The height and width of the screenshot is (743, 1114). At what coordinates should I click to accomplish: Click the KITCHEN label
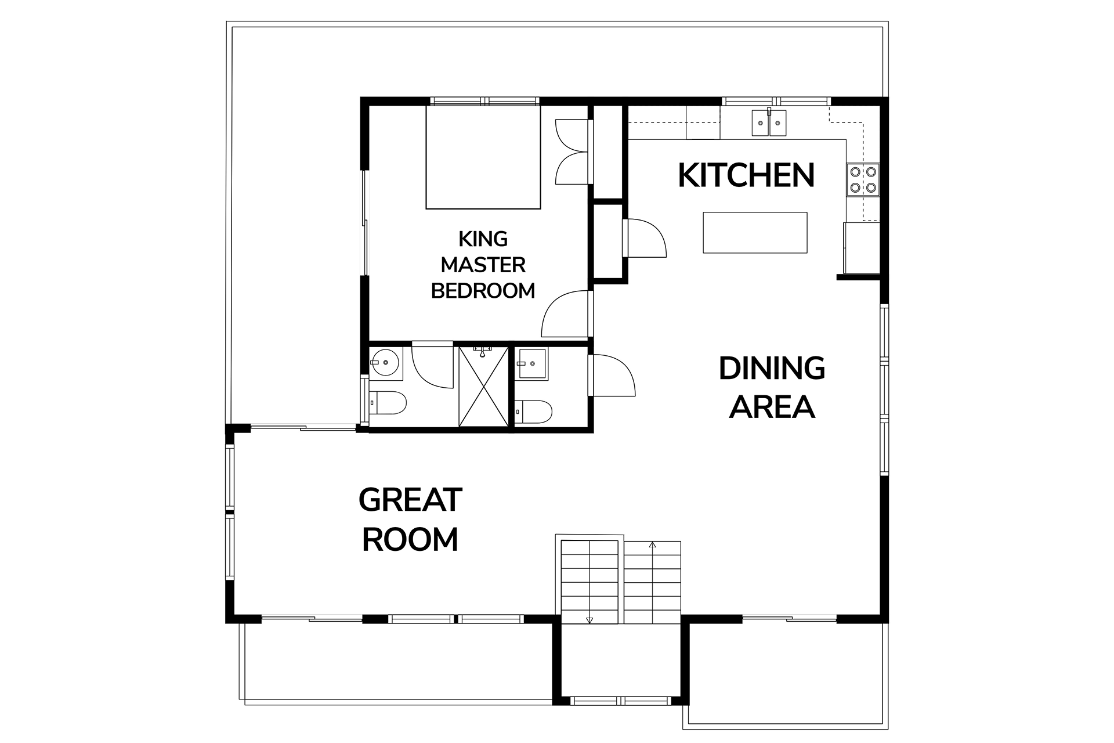746,175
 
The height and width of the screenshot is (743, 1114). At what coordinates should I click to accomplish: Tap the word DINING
772,369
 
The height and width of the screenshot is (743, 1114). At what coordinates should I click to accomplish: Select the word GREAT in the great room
410,500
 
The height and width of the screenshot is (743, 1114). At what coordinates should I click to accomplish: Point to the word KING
483,239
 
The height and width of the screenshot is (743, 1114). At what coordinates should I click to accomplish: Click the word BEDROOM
483,290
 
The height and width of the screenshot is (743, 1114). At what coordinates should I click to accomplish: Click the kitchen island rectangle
755,232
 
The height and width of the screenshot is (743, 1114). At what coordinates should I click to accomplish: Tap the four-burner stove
863,180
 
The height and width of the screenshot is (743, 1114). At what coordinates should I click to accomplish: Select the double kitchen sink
769,123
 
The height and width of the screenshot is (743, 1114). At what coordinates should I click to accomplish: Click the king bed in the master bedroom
483,157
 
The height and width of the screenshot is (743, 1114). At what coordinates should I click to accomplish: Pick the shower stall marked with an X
483,387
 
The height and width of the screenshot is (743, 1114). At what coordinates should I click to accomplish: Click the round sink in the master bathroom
384,363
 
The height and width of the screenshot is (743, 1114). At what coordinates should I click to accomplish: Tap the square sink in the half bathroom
532,363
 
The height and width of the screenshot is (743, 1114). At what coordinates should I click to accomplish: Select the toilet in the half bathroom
534,412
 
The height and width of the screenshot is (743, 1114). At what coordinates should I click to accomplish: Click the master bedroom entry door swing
566,313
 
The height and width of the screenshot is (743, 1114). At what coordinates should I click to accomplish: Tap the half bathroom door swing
612,376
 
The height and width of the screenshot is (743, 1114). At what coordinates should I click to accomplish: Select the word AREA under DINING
772,407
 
